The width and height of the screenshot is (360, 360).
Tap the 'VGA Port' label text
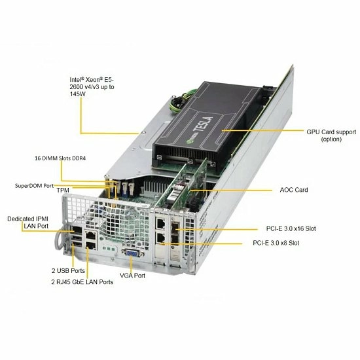point(132,276)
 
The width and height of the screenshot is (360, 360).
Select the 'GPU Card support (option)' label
point(331,135)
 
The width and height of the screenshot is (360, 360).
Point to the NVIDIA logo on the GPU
point(190,140)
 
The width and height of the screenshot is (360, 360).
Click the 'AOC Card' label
point(294,190)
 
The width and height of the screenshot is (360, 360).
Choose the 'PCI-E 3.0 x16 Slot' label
point(291,228)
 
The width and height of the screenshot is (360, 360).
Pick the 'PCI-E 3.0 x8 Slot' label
point(276,243)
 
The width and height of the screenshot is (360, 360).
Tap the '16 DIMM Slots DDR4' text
point(60,158)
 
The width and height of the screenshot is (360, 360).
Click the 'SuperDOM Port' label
point(34,186)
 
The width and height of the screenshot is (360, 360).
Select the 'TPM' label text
point(63,190)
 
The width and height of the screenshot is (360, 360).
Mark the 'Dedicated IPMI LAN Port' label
point(28,223)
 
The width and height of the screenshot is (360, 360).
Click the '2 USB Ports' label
point(68,271)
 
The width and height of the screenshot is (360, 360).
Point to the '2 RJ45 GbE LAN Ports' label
point(82,282)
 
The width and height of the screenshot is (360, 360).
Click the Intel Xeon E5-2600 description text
point(92,87)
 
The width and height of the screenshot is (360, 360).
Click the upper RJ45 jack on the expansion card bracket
point(161,224)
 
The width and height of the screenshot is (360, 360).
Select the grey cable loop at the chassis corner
point(58,239)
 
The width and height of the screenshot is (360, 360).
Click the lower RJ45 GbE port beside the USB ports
point(91,245)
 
